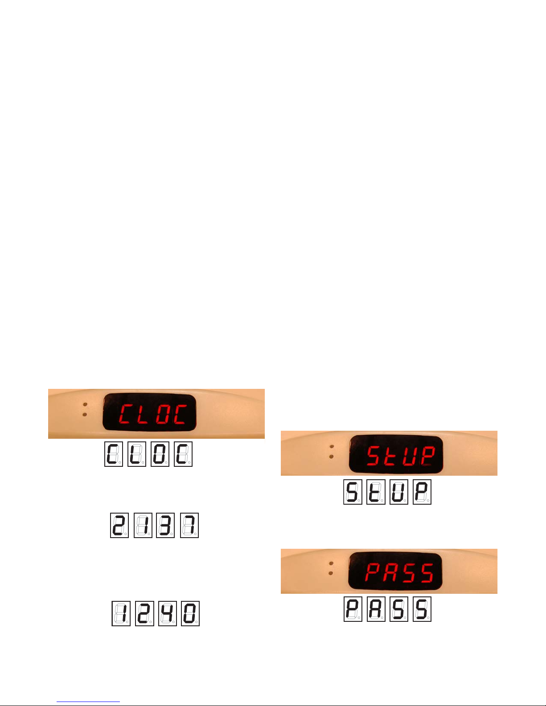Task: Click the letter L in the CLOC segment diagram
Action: (x=136, y=454)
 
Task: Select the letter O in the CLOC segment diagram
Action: (x=160, y=454)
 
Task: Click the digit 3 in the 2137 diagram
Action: (x=165, y=526)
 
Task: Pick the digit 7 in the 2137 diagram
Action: (x=189, y=526)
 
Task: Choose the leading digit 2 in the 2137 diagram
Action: (x=119, y=526)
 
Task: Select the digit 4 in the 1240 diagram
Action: (x=167, y=613)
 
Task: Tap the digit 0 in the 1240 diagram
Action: (x=190, y=613)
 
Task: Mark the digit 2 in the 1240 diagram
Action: (x=144, y=613)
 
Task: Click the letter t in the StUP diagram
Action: (x=375, y=492)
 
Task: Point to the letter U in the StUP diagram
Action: (x=398, y=492)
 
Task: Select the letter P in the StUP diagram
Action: (x=422, y=492)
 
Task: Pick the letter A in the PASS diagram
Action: (x=376, y=609)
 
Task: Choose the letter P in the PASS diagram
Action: (x=353, y=609)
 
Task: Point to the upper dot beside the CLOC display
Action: (x=85, y=406)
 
